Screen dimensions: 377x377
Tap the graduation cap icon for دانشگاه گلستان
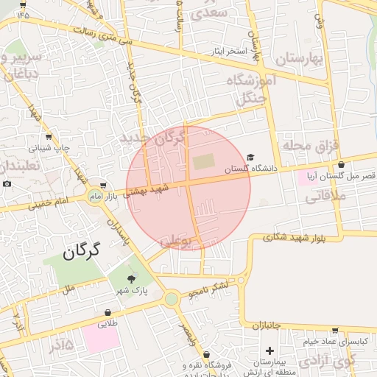click(x=250, y=158)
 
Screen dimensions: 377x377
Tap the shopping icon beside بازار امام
click(x=103, y=186)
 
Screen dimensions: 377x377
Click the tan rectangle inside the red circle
click(x=201, y=161)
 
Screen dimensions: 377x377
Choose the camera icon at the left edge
click(x=7, y=183)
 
